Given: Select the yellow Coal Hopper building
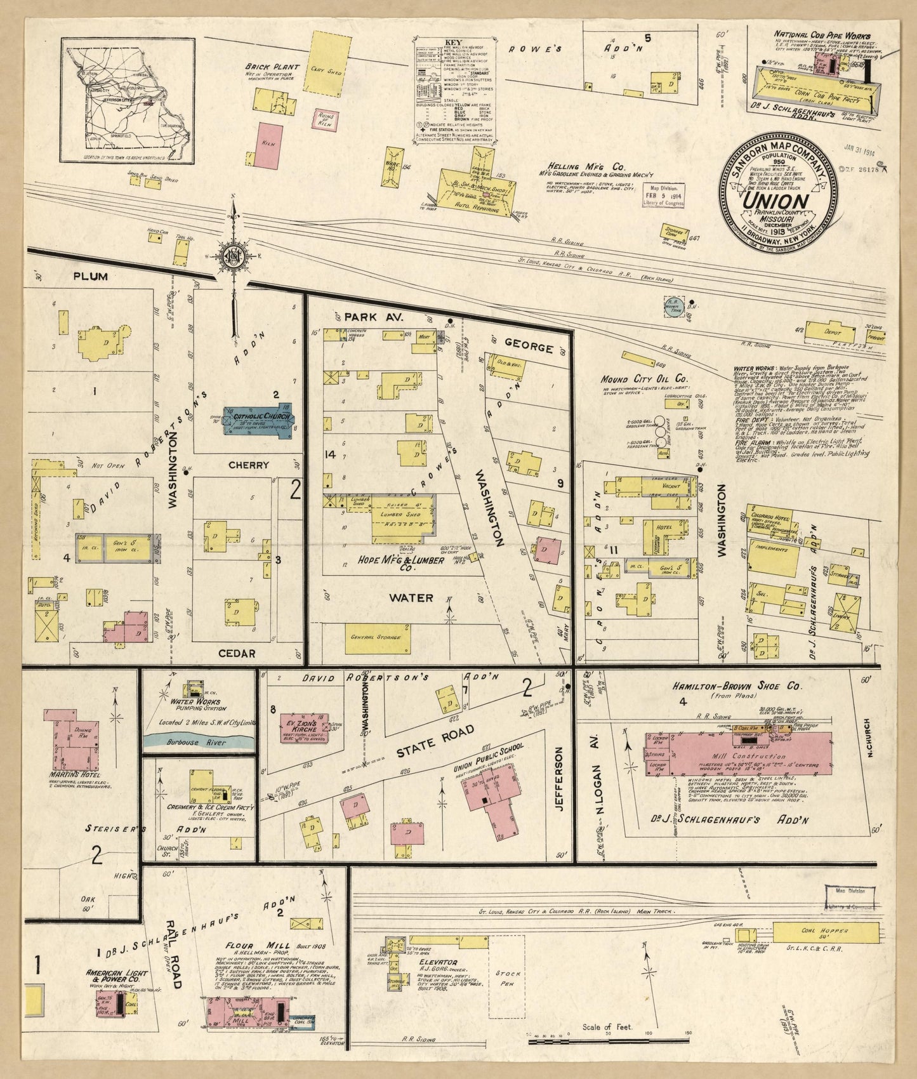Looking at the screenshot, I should (826, 932).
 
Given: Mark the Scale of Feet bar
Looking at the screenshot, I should (609, 1040).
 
